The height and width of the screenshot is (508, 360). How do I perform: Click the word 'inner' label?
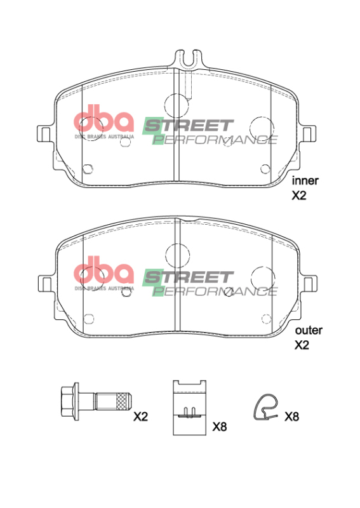coord(305,180)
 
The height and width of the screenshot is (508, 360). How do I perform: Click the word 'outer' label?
coord(308,330)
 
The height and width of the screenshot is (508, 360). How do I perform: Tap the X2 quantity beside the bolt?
coord(140,417)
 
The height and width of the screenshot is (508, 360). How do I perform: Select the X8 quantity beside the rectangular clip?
coord(219,427)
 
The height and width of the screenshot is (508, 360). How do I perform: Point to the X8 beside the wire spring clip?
coord(291,417)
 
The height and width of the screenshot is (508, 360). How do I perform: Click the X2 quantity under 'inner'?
coord(299,196)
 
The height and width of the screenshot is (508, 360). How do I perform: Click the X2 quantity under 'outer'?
coord(302,346)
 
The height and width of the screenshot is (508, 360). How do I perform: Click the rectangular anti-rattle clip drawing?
coord(190,407)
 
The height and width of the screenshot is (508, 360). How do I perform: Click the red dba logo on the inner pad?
coord(104,121)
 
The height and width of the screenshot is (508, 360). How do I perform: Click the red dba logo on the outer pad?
coord(104,272)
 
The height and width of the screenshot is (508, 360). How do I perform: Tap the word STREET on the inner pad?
coord(188,125)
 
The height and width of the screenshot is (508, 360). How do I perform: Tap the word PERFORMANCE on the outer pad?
coord(216,291)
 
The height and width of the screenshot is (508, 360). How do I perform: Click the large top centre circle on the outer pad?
coord(177,255)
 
